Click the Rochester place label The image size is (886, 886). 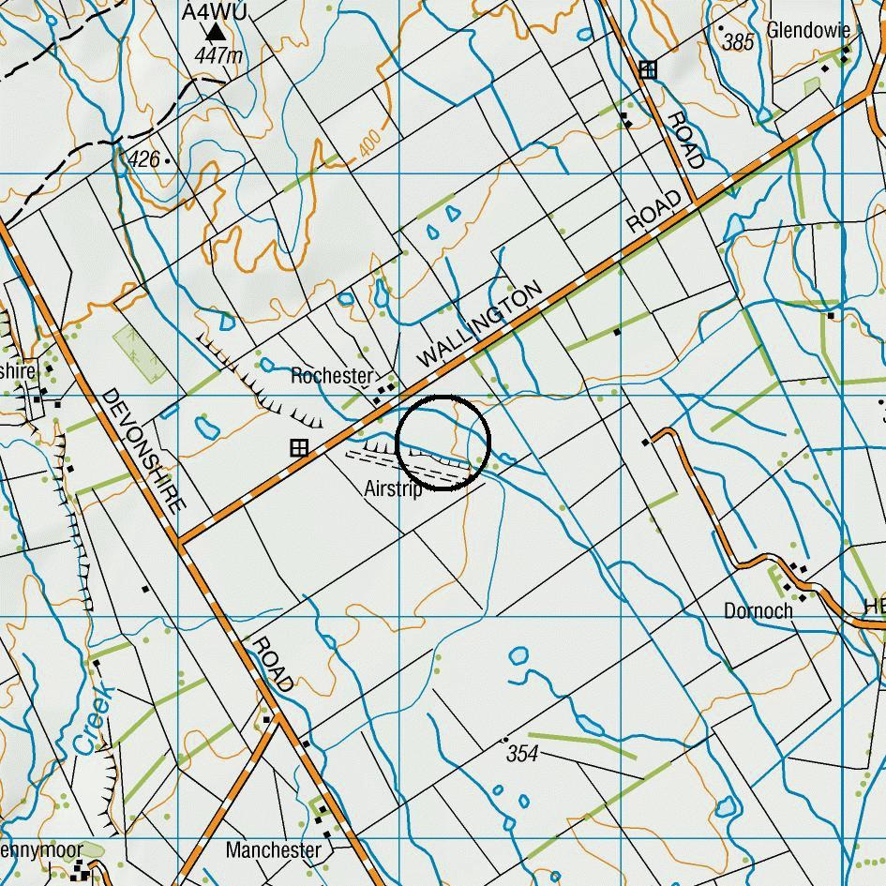click(x=331, y=376)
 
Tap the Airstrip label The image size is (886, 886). click(x=393, y=488)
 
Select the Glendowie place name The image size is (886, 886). click(x=808, y=30)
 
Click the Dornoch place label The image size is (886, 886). click(x=758, y=610)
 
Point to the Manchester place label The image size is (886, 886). click(x=273, y=850)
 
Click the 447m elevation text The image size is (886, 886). click(x=218, y=56)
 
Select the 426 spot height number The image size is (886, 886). click(x=144, y=159)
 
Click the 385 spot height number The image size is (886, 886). click(x=739, y=42)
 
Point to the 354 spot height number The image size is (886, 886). click(x=522, y=753)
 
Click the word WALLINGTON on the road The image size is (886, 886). click(x=479, y=324)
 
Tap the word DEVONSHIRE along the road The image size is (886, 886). click(x=141, y=450)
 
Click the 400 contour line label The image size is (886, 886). click(x=369, y=143)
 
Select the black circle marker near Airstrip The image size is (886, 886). click(x=443, y=441)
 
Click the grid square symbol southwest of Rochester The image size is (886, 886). click(x=298, y=448)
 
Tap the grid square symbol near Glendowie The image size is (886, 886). click(x=647, y=68)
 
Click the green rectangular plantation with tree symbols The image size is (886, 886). click(x=137, y=353)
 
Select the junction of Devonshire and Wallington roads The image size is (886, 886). click(x=179, y=542)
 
